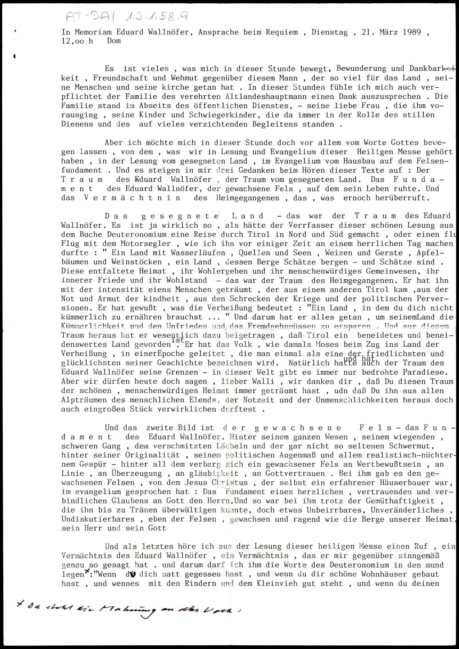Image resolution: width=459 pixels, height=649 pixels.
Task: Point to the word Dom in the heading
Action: click(x=113, y=41)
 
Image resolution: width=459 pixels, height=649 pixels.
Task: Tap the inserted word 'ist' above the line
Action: click(x=177, y=340)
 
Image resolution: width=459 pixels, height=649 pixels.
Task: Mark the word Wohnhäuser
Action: click(x=373, y=574)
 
